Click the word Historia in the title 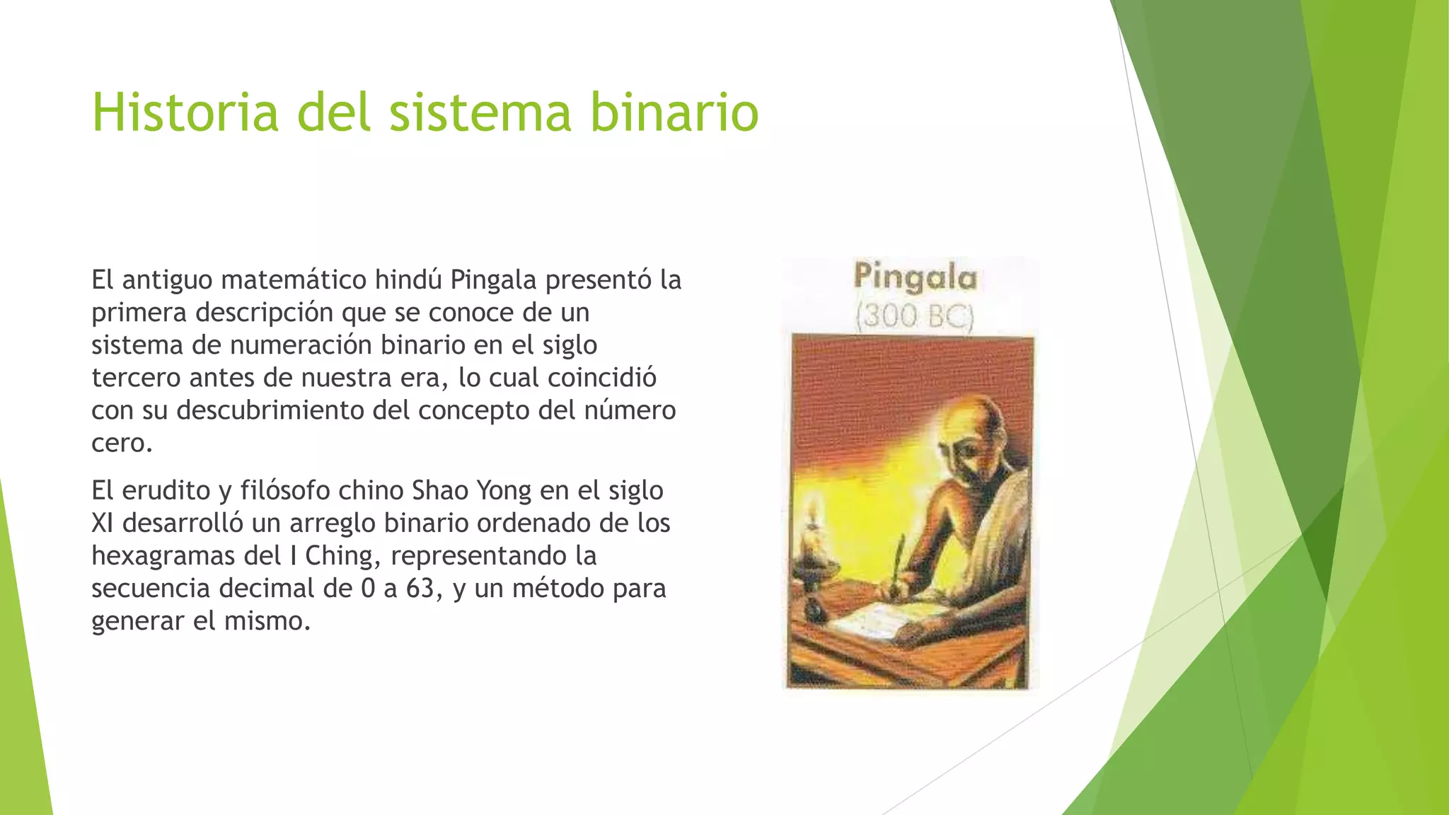click(185, 112)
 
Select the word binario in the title click(674, 112)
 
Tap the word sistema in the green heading click(480, 112)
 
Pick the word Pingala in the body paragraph click(493, 280)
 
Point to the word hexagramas click(163, 556)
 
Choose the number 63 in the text click(420, 589)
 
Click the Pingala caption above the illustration click(915, 277)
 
